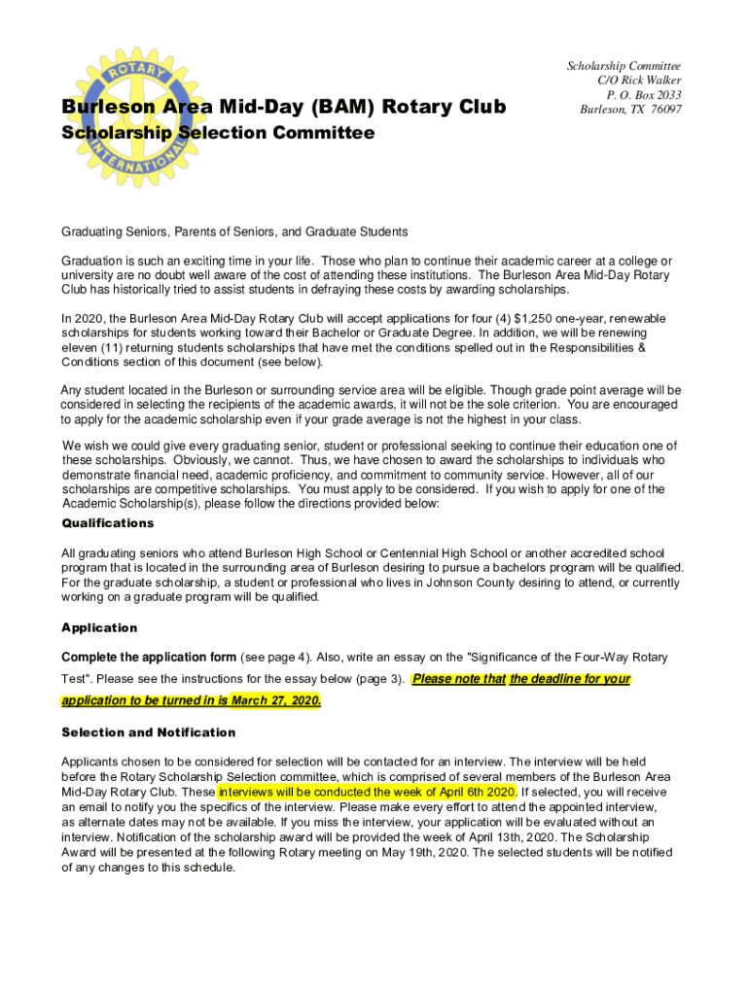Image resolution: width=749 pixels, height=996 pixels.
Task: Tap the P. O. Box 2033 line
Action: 644,94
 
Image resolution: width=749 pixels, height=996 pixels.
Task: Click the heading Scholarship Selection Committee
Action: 218,132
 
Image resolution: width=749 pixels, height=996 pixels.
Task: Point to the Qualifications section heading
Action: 108,523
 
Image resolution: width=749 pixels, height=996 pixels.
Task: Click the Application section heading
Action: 99,627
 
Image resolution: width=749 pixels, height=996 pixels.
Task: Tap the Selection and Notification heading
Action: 149,732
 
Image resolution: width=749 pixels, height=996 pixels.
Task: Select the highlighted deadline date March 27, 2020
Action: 281,701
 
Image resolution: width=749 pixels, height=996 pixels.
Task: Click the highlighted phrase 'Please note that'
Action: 459,679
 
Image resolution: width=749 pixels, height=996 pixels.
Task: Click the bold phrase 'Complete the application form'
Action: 149,658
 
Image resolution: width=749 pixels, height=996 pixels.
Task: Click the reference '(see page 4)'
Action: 277,658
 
